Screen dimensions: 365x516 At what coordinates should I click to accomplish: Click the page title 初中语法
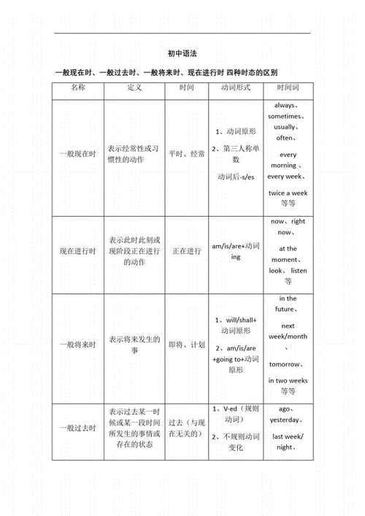pyautogui.click(x=182, y=53)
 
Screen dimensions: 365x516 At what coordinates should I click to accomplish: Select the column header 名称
pyautogui.click(x=78, y=88)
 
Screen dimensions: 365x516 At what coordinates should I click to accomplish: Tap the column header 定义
pyautogui.click(x=134, y=88)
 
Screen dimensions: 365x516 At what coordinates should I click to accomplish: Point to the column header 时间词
pyautogui.click(x=288, y=88)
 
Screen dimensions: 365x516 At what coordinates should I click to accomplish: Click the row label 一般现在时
pyautogui.click(x=78, y=154)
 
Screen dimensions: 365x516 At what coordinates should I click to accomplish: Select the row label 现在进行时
pyautogui.click(x=78, y=252)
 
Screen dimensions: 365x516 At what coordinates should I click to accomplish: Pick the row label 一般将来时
pyautogui.click(x=78, y=344)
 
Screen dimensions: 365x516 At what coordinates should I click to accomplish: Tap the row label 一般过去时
pyautogui.click(x=78, y=428)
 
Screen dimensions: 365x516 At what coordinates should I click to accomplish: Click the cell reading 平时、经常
pyautogui.click(x=187, y=154)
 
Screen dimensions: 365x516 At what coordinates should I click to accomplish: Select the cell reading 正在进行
pyautogui.click(x=187, y=252)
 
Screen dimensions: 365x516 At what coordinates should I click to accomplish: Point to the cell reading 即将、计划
pyautogui.click(x=187, y=344)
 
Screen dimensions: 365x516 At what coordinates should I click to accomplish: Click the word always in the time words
pyautogui.click(x=286, y=106)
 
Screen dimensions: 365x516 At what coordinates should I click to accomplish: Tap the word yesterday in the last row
pyautogui.click(x=285, y=420)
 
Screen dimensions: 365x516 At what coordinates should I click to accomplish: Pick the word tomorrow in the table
pyautogui.click(x=285, y=364)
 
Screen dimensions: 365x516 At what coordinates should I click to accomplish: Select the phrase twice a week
pyautogui.click(x=288, y=193)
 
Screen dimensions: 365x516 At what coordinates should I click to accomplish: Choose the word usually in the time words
pyautogui.click(x=286, y=127)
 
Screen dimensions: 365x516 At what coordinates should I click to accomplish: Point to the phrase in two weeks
pyautogui.click(x=288, y=381)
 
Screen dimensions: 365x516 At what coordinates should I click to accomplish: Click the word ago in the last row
pyautogui.click(x=285, y=409)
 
